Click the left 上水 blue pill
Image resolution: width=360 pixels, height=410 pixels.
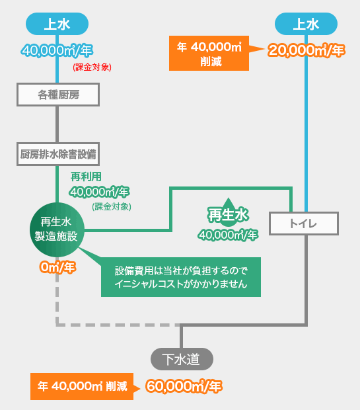pos(57,24)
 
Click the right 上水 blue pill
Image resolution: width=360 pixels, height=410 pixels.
pos(306,24)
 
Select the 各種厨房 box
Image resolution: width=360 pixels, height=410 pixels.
pos(58,95)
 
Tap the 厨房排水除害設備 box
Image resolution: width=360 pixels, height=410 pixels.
pos(58,154)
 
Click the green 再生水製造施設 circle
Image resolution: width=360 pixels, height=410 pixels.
pos(57,229)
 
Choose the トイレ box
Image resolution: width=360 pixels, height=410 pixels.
pos(304,224)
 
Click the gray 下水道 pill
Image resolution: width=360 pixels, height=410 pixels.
pos(182,359)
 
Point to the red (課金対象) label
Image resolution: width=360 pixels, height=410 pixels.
pos(92,67)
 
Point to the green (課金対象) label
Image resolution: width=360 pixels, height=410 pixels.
pos(112,206)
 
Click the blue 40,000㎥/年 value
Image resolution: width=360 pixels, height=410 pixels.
pos(57,50)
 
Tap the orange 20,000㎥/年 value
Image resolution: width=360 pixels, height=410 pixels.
pos(306,50)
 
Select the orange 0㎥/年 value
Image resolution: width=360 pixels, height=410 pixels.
pos(57,268)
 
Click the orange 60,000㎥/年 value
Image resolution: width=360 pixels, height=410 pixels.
pos(184,386)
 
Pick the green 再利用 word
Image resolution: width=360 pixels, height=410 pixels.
pos(86,177)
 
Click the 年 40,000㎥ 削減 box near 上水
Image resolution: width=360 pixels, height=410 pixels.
pos(209,54)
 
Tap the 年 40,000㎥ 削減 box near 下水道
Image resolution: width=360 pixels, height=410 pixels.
pos(82,386)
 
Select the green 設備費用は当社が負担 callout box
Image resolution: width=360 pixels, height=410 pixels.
pos(181,277)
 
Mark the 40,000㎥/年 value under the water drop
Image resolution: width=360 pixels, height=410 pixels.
pos(228,235)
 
